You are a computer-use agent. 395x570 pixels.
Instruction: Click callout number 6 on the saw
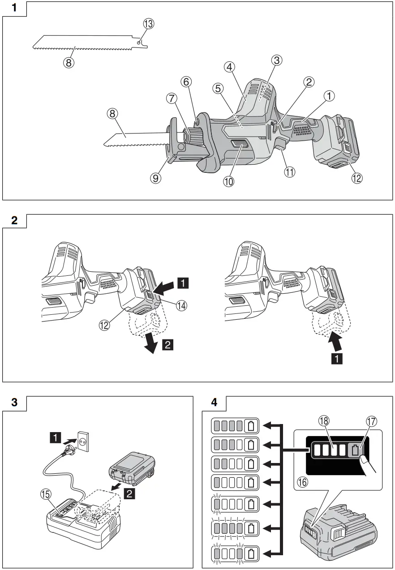pos(186,81)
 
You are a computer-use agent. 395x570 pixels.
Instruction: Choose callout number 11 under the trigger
pos(290,172)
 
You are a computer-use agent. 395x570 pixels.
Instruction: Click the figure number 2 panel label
pos(15,220)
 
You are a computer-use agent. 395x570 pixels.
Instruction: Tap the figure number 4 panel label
pos(214,402)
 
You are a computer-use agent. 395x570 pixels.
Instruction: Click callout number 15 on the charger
pos(47,494)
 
